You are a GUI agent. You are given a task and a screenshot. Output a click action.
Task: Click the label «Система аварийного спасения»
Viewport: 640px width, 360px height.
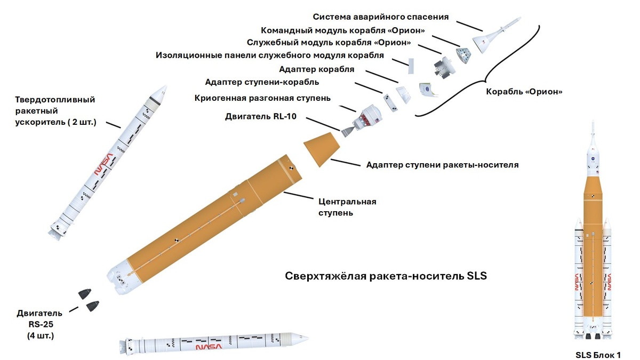380,17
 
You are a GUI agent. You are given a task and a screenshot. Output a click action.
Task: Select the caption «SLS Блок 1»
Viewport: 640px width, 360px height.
597,354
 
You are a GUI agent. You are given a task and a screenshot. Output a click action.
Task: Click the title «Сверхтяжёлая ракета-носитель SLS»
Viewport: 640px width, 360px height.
386,276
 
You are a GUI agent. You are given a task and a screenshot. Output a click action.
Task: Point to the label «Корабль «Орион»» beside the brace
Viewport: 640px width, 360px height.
524,91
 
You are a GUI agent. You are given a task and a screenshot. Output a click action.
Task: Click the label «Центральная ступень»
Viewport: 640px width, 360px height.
347,207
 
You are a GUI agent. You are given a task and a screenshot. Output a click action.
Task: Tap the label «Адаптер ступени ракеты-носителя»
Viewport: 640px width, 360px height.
442,164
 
